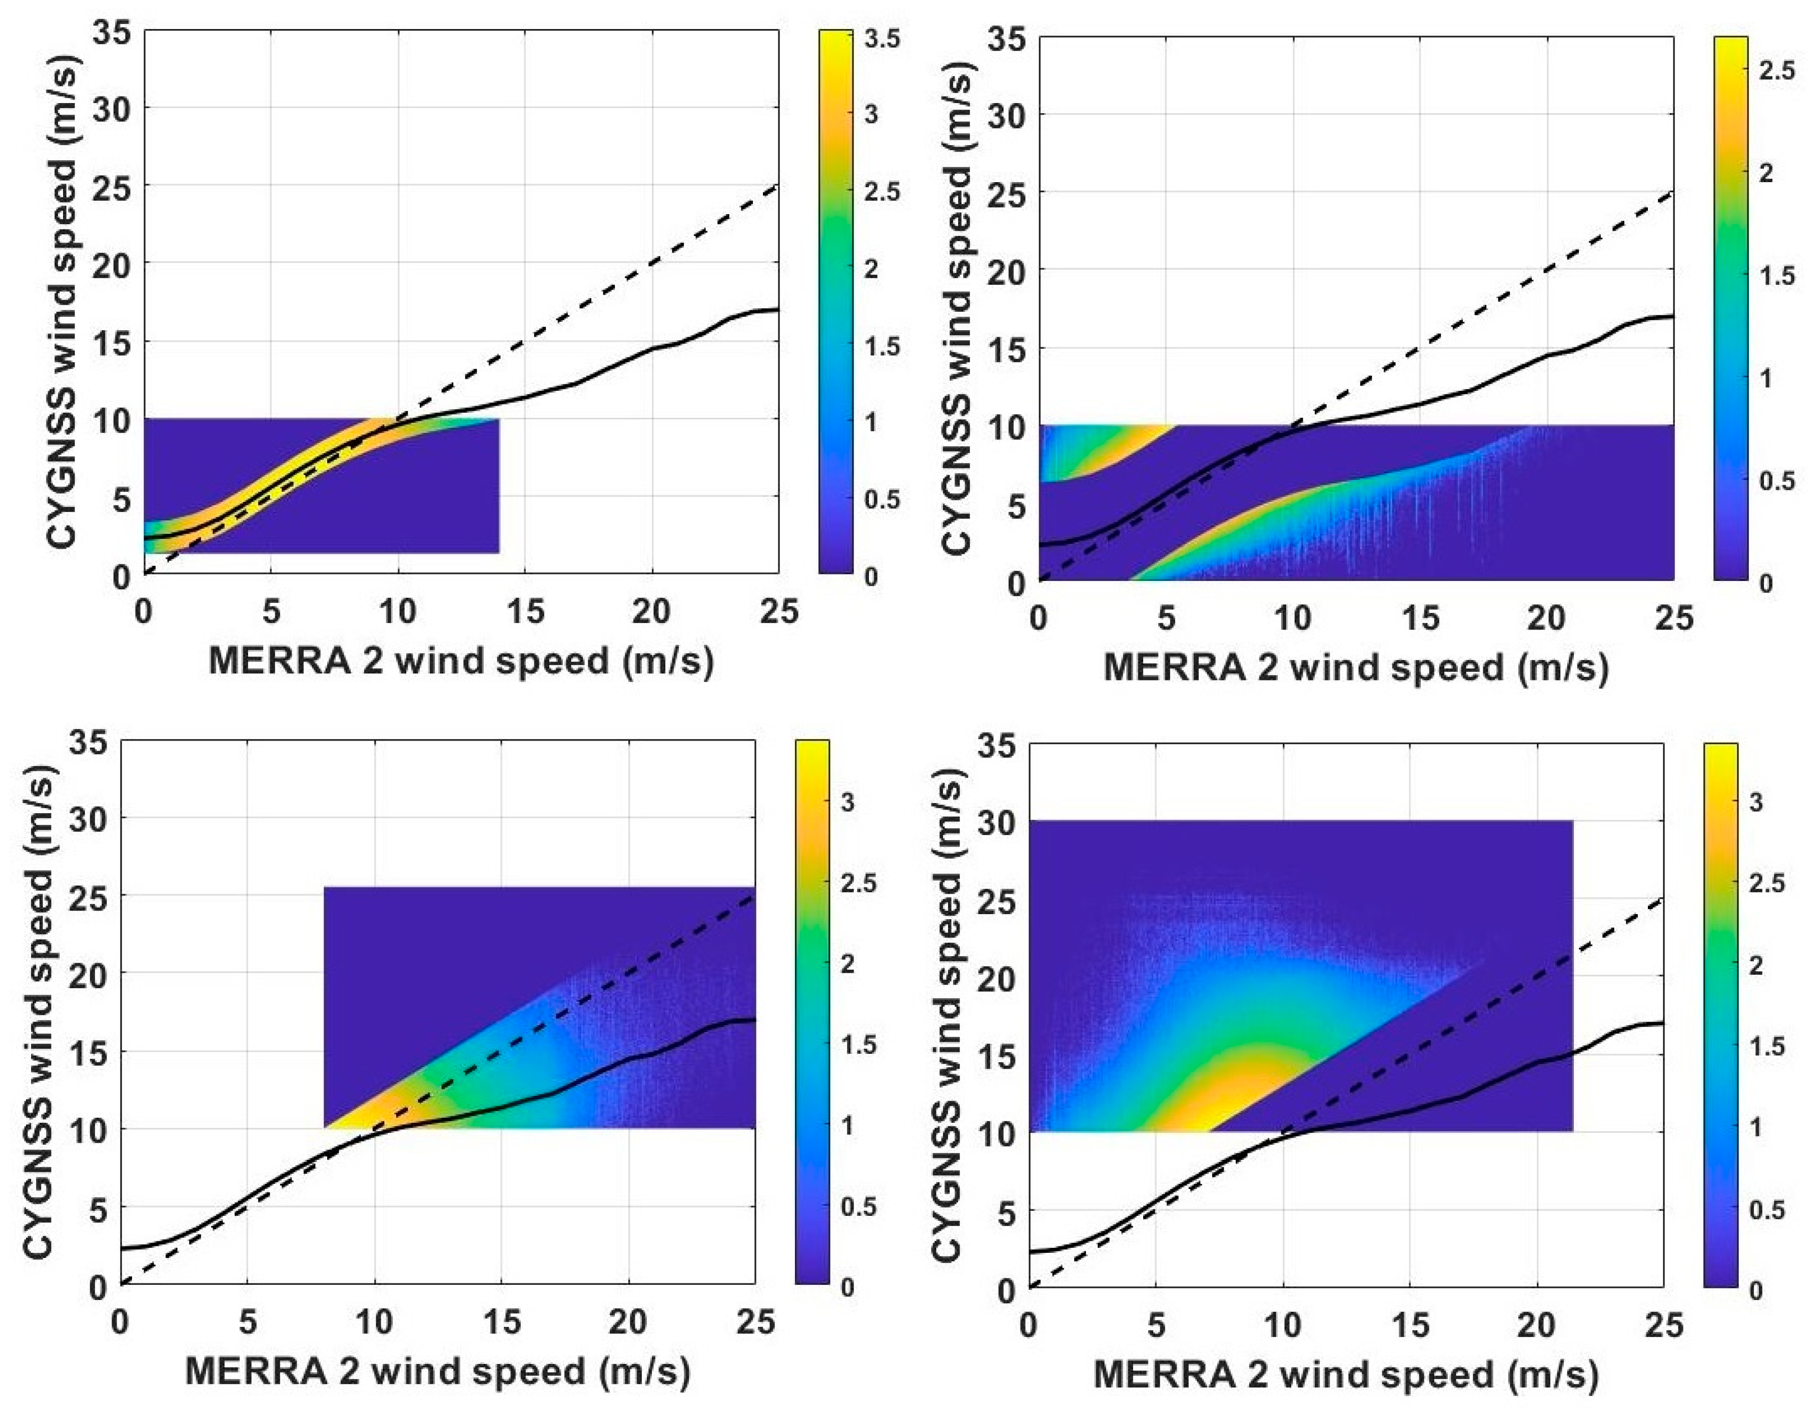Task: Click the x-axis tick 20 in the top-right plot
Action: [1545, 618]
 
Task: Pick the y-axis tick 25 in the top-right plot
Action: [1007, 193]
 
